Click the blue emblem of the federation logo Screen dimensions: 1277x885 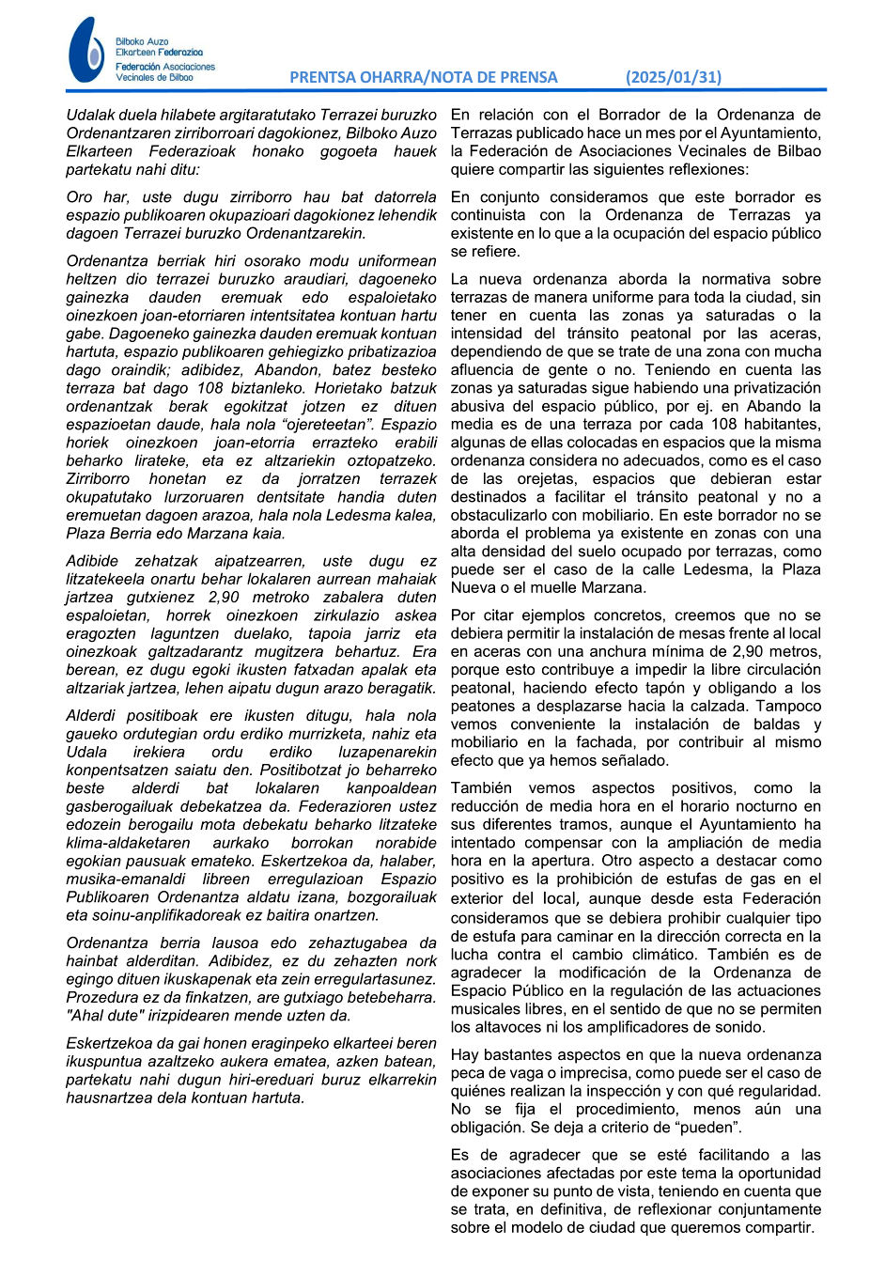(x=86, y=51)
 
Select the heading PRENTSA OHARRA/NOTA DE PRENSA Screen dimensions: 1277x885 (x=423, y=78)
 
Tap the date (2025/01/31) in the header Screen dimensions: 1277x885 (x=674, y=78)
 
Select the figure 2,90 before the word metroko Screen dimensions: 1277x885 (x=223, y=597)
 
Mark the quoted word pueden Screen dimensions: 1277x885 (x=710, y=1128)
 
